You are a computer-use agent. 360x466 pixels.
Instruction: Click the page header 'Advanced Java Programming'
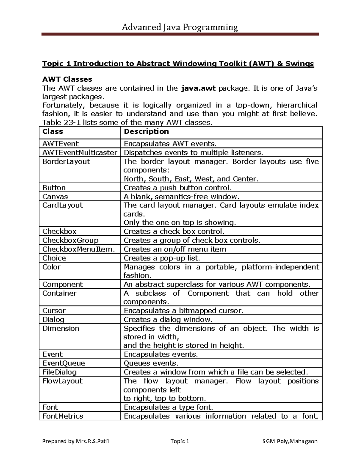(180, 28)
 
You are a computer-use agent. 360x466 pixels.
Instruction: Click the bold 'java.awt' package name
(198, 88)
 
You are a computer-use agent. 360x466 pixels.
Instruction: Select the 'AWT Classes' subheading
(67, 80)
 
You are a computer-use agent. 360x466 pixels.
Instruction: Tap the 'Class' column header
(52, 132)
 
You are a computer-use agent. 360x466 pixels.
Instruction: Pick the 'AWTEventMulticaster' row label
(79, 153)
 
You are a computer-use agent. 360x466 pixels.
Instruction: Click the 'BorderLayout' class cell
(66, 162)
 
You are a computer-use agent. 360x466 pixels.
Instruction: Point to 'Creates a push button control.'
(178, 188)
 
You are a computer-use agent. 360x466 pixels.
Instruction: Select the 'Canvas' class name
(55, 197)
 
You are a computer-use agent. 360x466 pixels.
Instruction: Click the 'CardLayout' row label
(63, 206)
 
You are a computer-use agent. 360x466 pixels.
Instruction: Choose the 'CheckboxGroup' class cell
(70, 240)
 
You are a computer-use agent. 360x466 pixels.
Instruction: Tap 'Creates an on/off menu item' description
(175, 249)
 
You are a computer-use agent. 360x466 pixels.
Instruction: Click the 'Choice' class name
(54, 258)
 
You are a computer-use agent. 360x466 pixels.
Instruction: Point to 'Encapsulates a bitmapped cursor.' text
(183, 311)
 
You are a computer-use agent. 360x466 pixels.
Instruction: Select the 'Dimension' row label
(61, 329)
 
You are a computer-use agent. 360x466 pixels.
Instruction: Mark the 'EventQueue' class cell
(64, 363)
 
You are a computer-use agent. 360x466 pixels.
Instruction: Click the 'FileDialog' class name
(59, 372)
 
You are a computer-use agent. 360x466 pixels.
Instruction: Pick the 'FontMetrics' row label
(63, 416)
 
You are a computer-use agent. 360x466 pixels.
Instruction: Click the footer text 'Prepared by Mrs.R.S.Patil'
(76, 441)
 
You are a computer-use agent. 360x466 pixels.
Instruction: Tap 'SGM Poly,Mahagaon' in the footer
(290, 441)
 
